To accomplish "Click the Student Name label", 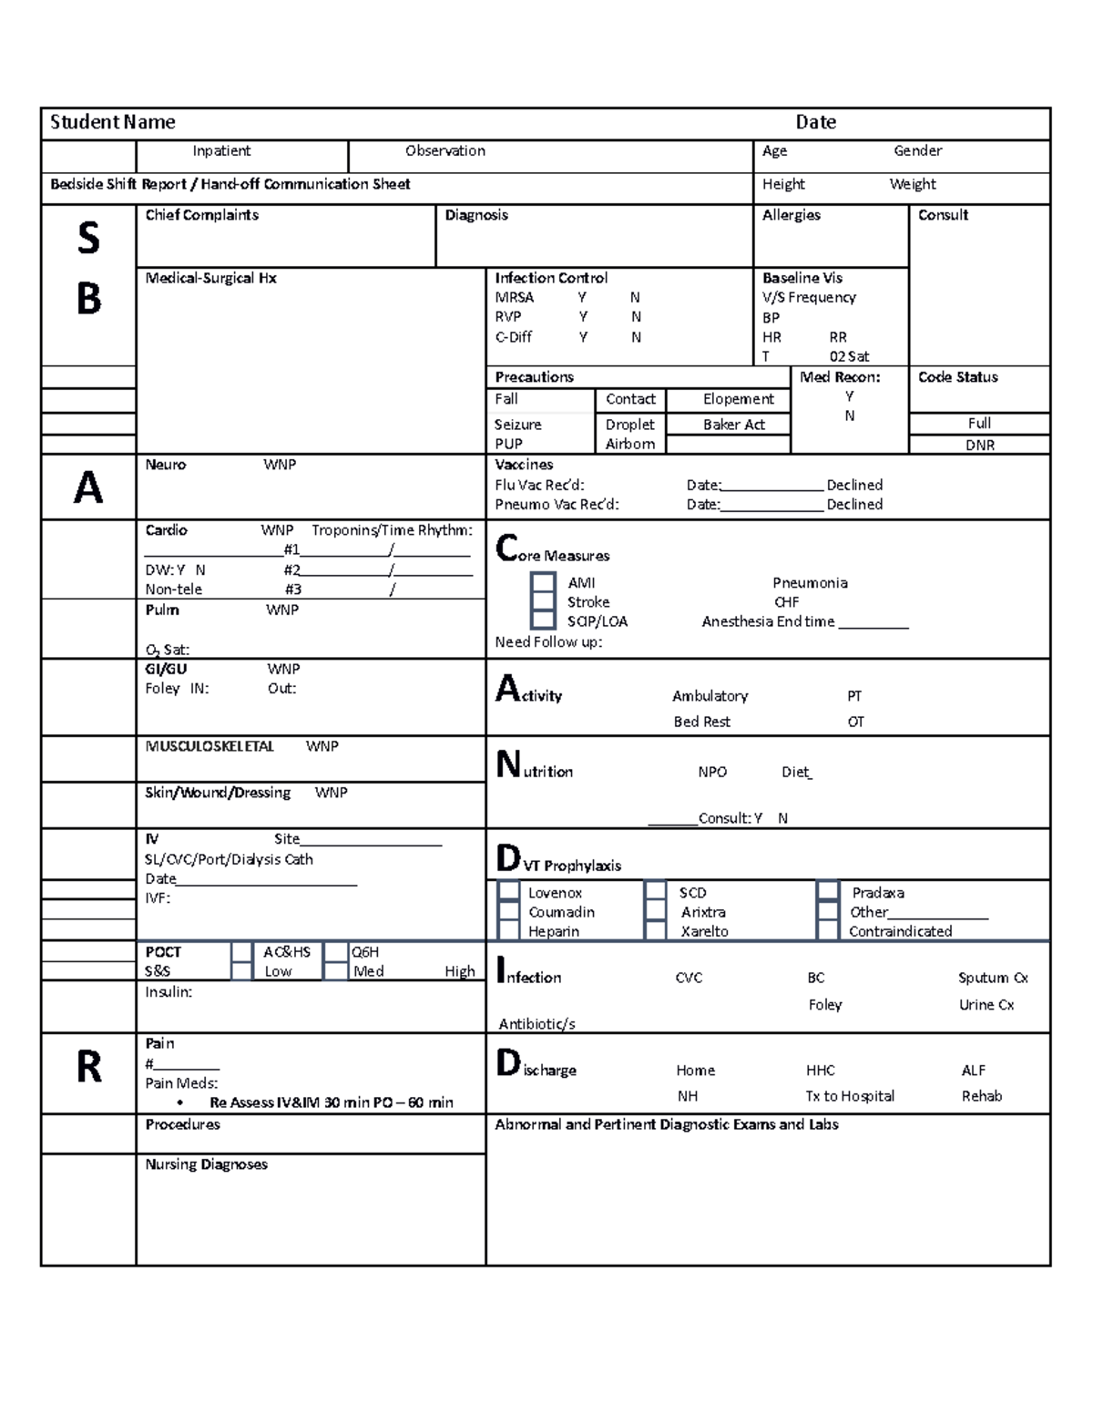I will [112, 122].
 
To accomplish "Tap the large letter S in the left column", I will [88, 239].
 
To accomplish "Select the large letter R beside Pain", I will [88, 1067].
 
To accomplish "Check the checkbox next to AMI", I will [543, 583].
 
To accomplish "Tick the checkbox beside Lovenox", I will [509, 893].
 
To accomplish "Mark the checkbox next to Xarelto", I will [655, 931].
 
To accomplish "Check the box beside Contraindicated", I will [827, 931].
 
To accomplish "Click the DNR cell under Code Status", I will [979, 446].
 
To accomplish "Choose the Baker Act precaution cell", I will [733, 425].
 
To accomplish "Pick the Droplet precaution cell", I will [629, 425].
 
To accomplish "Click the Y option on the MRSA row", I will [582, 298].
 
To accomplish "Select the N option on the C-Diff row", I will [636, 337].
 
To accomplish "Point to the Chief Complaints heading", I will [201, 215].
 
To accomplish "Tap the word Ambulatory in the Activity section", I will [710, 696].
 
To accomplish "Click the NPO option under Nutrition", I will [712, 772].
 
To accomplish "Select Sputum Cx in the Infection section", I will [993, 978].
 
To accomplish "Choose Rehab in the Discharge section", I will [981, 1096].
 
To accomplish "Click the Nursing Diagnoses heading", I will [206, 1164].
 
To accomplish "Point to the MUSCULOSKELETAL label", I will [209, 746].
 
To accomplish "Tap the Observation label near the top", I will [444, 151].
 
